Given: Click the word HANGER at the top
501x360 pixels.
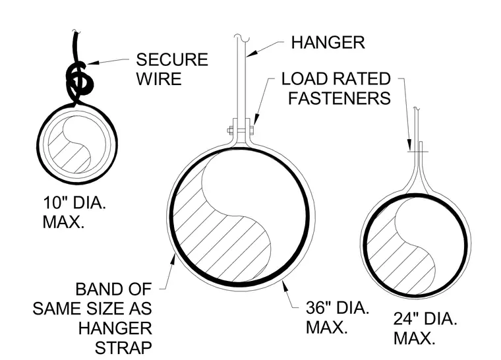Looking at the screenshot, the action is tap(328, 42).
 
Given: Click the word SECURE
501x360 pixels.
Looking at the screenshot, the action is tap(172, 59).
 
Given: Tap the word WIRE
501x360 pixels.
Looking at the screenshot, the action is tap(159, 78).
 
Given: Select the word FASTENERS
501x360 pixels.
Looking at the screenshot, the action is tap(339, 98).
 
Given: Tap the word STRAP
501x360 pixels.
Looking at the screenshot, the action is tap(123, 348).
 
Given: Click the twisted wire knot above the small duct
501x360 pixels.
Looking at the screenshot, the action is tap(78, 80).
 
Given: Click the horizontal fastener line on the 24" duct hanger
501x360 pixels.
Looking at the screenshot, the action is tap(418, 152).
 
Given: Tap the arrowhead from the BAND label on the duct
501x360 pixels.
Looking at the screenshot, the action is tap(173, 259).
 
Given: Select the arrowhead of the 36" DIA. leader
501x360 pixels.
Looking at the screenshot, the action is tap(283, 285).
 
